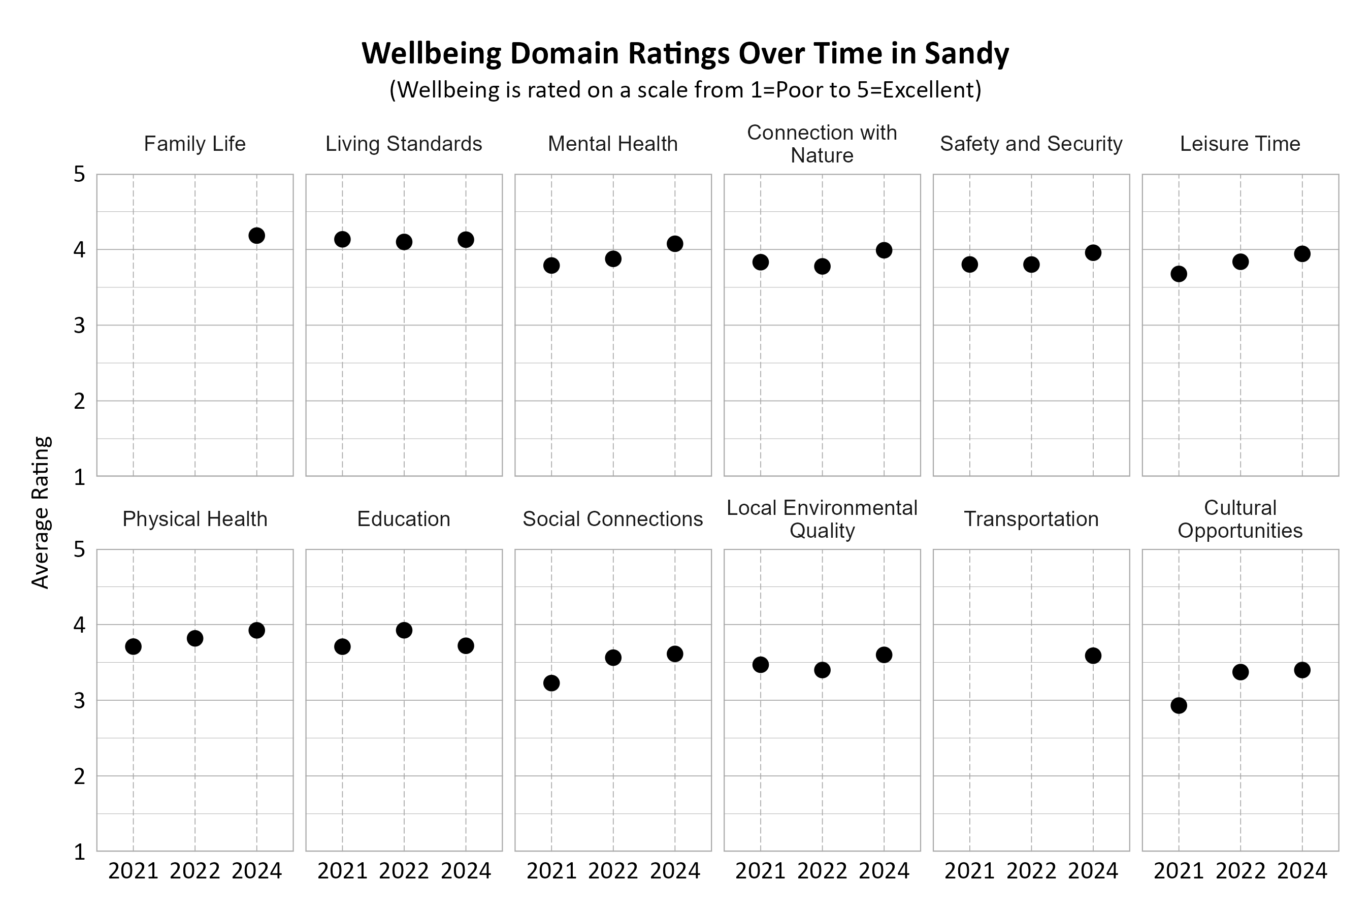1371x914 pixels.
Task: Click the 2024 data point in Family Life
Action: pos(256,236)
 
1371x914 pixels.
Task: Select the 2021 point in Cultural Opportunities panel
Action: pos(1179,706)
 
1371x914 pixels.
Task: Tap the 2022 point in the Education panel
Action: pos(404,630)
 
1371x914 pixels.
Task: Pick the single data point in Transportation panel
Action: pos(1093,656)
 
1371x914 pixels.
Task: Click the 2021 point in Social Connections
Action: pos(551,683)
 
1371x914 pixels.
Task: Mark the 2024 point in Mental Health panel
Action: pos(675,244)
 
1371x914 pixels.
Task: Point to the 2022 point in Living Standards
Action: pos(404,242)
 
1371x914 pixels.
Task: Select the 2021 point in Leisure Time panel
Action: pos(1179,274)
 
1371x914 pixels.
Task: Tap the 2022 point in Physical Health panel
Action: pos(194,638)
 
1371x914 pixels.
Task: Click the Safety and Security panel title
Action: pos(1031,144)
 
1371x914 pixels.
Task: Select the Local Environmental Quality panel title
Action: pos(822,519)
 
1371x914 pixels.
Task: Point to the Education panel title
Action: pos(404,519)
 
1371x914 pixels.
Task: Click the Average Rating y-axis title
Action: pos(41,512)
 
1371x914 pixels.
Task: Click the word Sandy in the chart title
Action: pos(966,54)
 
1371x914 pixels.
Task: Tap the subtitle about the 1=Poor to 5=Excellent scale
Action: pos(685,90)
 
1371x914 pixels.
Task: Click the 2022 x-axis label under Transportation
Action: pos(1031,871)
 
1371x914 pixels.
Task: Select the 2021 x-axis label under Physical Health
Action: pos(134,871)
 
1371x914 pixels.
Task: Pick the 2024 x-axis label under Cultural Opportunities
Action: pos(1302,871)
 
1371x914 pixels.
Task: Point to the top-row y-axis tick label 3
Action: pos(79,326)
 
